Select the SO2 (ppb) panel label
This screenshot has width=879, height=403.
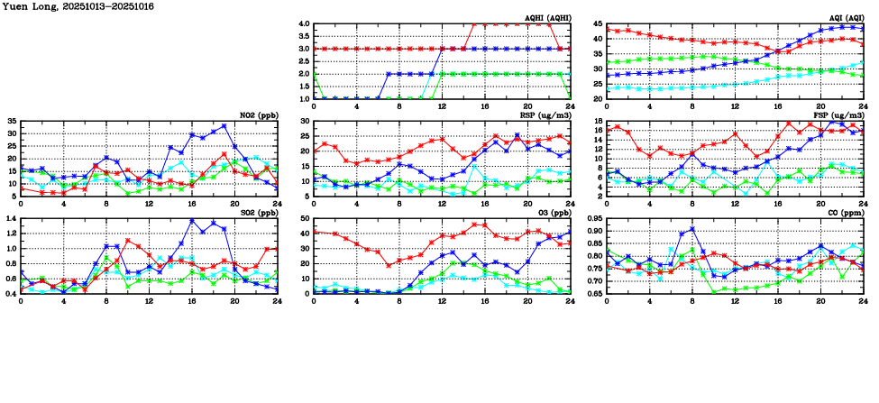256,213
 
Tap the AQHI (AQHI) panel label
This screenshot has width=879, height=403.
545,18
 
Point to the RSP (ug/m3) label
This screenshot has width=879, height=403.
545,115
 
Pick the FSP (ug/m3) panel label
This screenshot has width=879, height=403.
838,115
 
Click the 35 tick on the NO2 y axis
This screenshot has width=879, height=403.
11,121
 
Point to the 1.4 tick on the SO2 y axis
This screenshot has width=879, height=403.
10,218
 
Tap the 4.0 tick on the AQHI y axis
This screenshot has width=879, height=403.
304,23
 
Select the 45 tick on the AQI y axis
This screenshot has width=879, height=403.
598,23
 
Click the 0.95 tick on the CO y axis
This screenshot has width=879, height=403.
593,218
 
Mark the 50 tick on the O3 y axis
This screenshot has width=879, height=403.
305,218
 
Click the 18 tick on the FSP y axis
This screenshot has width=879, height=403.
598,129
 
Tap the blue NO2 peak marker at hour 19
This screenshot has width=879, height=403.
224,126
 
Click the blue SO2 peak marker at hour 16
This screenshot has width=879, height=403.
192,221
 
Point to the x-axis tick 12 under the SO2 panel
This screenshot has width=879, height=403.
150,300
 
